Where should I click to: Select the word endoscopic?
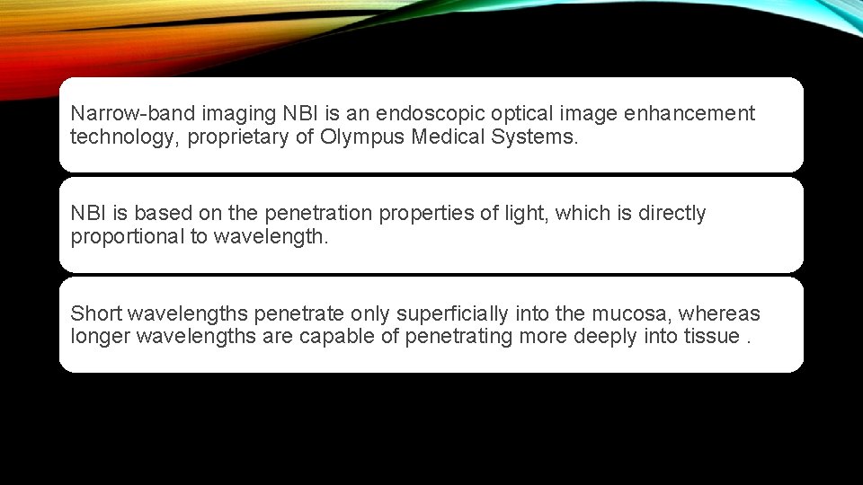coord(422,114)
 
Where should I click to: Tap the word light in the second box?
coord(516,214)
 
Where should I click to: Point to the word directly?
coord(672,214)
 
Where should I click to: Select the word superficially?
coord(453,314)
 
